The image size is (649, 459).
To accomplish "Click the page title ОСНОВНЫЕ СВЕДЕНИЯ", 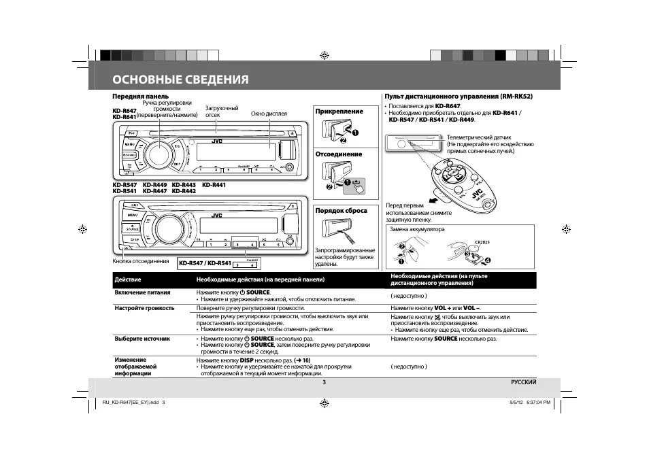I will (180, 80).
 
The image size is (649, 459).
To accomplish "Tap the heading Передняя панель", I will (140, 96).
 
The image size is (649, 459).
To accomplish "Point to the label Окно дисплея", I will (269, 114).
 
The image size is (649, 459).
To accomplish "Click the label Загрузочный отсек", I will (222, 112).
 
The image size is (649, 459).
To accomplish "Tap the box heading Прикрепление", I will (339, 111).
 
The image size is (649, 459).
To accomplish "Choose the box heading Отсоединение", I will (339, 154).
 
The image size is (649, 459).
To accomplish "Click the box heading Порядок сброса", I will (341, 211).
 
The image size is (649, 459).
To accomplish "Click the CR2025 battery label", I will (482, 241).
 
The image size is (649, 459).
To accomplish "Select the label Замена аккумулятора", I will (416, 229).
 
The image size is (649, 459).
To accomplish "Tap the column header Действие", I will (128, 279).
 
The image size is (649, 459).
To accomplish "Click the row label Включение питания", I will (142, 292).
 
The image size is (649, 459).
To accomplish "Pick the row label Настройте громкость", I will (144, 308).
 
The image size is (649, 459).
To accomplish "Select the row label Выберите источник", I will (142, 338).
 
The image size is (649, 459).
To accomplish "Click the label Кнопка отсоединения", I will (140, 261).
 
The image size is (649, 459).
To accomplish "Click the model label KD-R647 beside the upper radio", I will (124, 111).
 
